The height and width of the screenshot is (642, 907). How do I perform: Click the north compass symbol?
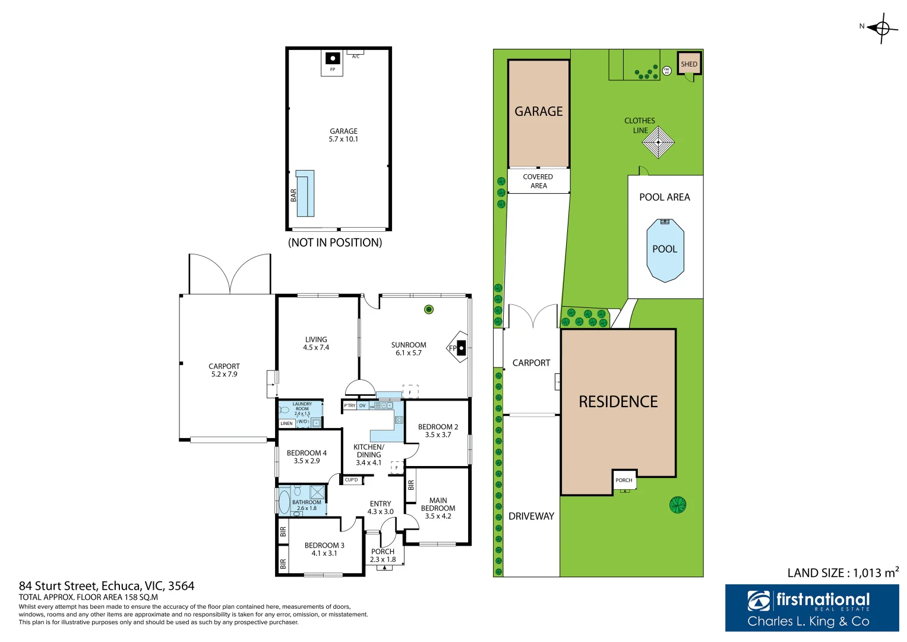(882, 27)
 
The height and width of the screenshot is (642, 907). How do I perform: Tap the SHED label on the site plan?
(689, 64)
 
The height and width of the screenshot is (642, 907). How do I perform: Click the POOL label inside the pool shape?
(665, 249)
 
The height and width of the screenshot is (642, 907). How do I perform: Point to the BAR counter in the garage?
(305, 194)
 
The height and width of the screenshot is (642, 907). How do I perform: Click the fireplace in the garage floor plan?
(333, 58)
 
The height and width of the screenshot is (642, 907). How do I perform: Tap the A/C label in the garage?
(356, 56)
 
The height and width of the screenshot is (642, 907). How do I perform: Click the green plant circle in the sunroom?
(429, 309)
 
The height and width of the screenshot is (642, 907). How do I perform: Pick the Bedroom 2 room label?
(438, 427)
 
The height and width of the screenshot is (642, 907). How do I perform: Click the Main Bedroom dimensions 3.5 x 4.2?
(438, 516)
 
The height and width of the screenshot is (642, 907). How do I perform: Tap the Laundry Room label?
(302, 406)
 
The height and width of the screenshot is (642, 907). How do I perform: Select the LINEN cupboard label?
(286, 423)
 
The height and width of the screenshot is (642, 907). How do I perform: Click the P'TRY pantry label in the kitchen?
(350, 405)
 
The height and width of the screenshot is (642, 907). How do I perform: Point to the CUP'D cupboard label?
(352, 480)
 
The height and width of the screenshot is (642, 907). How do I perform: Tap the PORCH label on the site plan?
(624, 480)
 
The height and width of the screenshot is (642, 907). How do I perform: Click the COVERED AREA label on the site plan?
(538, 181)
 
